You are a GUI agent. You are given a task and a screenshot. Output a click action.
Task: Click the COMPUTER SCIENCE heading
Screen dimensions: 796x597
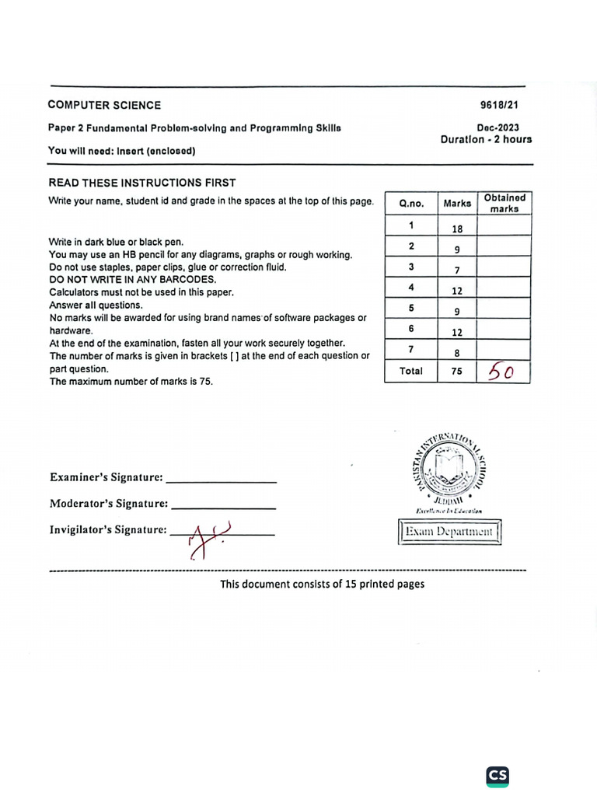(x=104, y=105)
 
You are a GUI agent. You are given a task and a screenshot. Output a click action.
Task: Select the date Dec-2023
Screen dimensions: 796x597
(x=498, y=128)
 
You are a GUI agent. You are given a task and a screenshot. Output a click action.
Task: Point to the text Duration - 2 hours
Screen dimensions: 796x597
(x=486, y=140)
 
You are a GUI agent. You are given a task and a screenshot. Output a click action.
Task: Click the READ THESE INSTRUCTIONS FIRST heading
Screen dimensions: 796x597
(x=142, y=183)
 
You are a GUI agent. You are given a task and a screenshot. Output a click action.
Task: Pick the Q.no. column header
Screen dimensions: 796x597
(x=411, y=203)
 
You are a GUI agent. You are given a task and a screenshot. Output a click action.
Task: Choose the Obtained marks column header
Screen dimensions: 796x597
(x=504, y=203)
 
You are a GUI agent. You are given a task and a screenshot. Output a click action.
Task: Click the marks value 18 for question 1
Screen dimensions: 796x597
(x=457, y=229)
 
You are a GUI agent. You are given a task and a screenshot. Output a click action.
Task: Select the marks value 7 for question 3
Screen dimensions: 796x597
(x=457, y=271)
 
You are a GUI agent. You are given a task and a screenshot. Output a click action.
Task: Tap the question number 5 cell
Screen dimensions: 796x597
(x=411, y=309)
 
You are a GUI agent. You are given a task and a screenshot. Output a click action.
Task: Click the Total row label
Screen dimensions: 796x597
(x=411, y=372)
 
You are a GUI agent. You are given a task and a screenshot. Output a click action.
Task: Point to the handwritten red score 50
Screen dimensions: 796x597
(x=501, y=372)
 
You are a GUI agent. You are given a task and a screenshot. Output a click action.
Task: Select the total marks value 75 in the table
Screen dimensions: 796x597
(x=457, y=372)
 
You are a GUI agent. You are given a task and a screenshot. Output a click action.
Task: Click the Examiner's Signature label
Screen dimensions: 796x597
(x=106, y=477)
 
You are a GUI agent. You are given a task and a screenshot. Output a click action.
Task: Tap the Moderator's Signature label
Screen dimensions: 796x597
(x=109, y=503)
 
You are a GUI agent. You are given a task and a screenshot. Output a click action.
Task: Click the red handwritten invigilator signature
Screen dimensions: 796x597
(x=204, y=537)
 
